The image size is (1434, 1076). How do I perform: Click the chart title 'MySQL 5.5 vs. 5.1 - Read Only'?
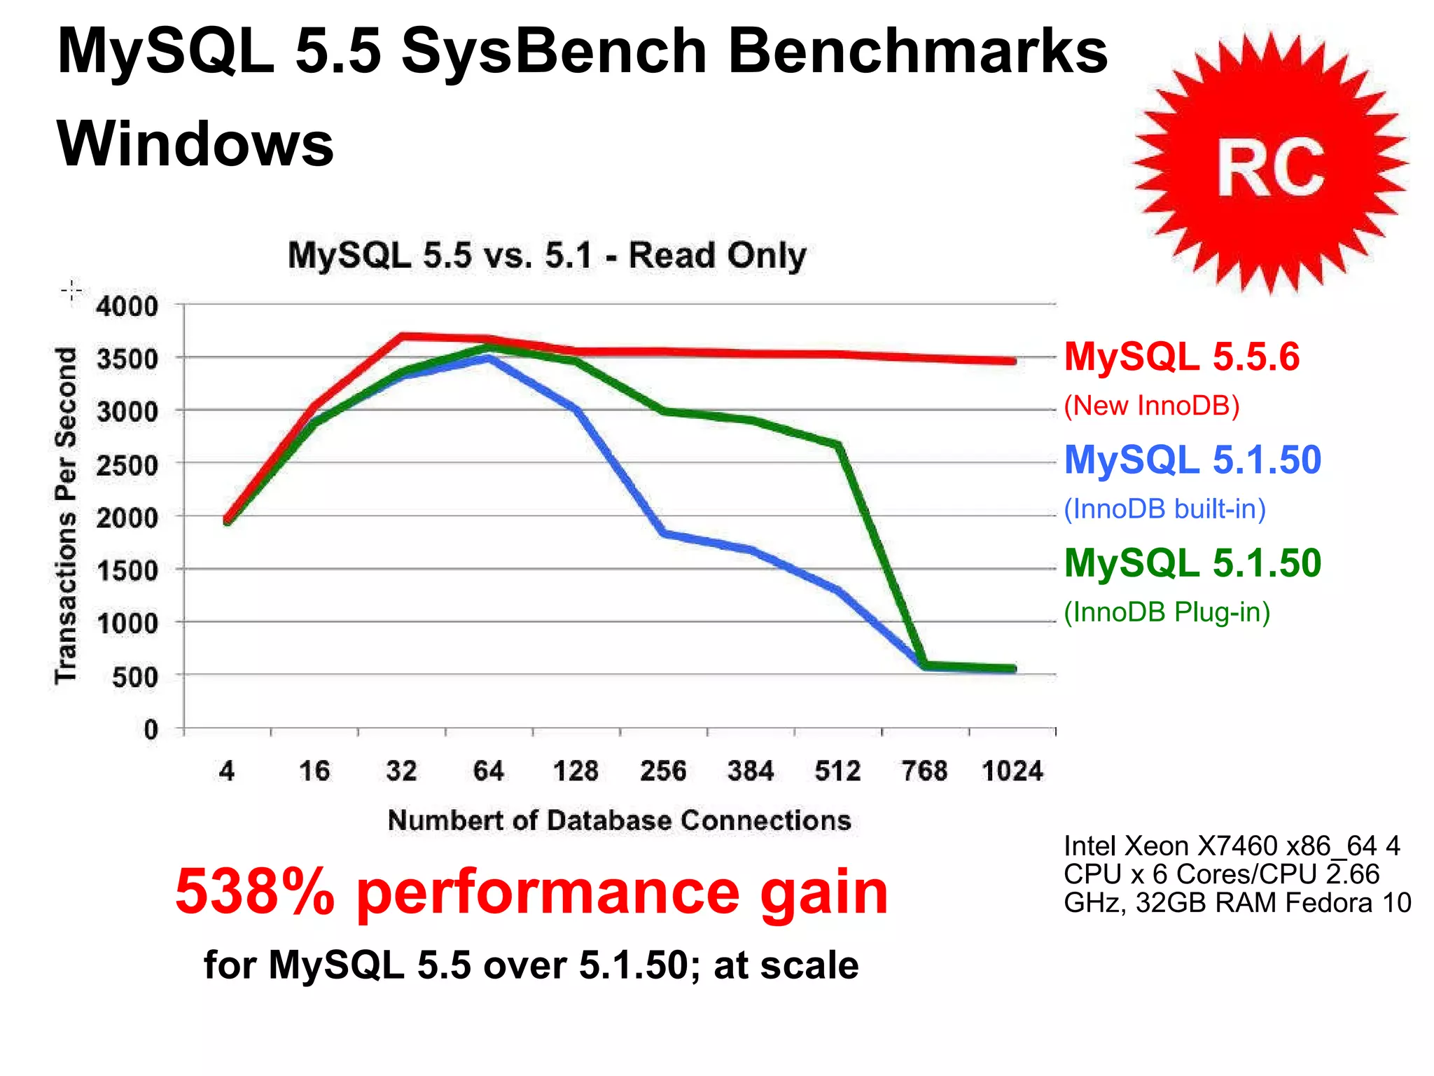546,255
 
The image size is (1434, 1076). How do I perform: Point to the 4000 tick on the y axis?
127,306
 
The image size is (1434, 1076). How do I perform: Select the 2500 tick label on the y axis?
127,465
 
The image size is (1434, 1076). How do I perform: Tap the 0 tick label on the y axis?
151,730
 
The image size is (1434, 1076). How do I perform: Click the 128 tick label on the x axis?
576,771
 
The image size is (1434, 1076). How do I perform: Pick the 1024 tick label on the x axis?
1012,771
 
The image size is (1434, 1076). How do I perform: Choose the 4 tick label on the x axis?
226,771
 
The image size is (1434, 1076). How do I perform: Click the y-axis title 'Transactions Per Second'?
66,515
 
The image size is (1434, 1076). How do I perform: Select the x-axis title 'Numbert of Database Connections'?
619,820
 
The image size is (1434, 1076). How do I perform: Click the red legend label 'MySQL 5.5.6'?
1181,357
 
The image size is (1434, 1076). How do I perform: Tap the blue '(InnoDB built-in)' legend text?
1164,509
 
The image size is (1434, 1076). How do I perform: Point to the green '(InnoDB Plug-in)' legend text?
1167,612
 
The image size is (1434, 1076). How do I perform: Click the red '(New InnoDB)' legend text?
1152,406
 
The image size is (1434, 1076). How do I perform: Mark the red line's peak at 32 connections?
402,336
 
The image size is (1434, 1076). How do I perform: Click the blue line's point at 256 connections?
663,533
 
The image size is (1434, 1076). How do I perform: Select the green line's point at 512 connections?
838,445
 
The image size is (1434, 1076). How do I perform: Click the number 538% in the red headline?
255,892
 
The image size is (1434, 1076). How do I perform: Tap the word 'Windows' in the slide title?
195,144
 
